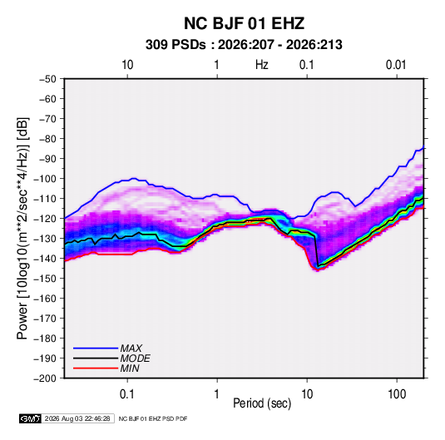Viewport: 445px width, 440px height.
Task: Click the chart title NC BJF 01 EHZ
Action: pos(244,23)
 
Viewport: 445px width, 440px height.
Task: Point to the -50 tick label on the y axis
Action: pos(47,79)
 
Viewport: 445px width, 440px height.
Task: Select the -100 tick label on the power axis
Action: pos(45,179)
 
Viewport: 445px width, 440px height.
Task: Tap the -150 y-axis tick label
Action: pos(45,279)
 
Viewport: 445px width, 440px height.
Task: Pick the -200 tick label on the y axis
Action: pos(45,378)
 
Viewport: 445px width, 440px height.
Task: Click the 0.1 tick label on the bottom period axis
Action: pos(127,394)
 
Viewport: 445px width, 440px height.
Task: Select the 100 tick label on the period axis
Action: pos(397,394)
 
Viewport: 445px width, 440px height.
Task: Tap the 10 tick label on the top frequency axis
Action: pos(127,65)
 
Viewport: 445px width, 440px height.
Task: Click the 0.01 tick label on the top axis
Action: pos(396,65)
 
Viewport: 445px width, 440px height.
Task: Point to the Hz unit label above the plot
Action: pos(262,65)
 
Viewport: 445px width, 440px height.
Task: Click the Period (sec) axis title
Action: pos(262,403)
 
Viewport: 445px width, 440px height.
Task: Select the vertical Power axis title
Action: pos(22,228)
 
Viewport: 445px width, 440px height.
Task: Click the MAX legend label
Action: pos(131,349)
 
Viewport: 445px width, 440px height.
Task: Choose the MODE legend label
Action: pos(135,358)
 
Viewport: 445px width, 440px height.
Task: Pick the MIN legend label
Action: pos(130,368)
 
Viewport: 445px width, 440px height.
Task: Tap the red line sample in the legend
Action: pos(96,368)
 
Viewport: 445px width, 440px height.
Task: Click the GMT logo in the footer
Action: pos(31,418)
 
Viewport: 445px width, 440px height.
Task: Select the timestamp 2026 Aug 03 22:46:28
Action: pos(77,418)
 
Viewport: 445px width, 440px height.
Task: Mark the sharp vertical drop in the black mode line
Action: pos(316,251)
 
